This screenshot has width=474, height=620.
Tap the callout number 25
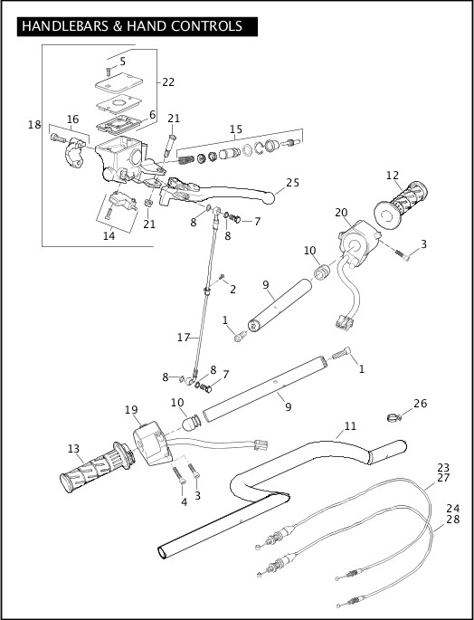click(x=292, y=183)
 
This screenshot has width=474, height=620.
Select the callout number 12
click(x=392, y=176)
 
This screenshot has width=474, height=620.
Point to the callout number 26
click(x=419, y=403)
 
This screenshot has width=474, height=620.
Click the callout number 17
click(x=184, y=337)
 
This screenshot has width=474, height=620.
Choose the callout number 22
click(x=168, y=81)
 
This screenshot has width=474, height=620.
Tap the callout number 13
click(x=73, y=448)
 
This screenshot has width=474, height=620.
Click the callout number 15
click(x=235, y=130)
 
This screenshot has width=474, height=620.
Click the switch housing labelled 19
click(x=148, y=444)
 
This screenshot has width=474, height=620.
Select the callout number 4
click(x=184, y=501)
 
